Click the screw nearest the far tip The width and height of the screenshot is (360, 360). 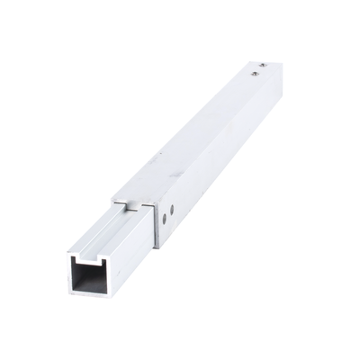point(261,66)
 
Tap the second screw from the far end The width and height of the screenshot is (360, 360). point(255,76)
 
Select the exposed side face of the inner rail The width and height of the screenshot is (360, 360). point(130,261)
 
